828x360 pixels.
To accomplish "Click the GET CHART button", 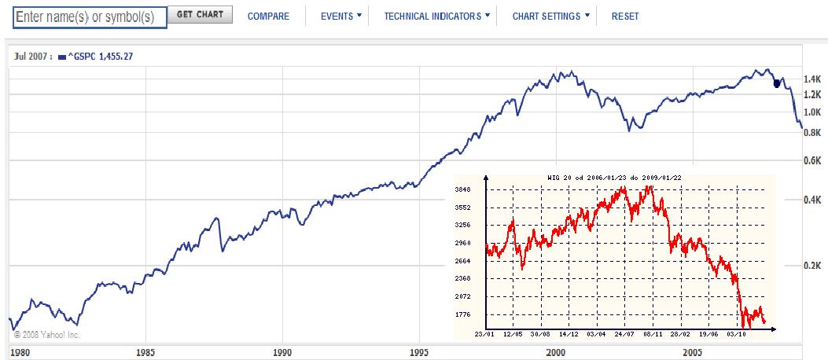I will coord(200,15).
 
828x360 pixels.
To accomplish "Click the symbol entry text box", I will coord(90,17).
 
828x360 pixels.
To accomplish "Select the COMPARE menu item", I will coord(268,17).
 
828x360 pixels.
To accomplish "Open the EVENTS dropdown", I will coord(341,17).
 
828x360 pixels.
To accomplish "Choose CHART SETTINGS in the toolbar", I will coord(550,17).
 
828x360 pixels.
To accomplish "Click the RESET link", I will coord(625,17).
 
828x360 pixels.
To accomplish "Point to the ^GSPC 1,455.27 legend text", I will coord(102,57).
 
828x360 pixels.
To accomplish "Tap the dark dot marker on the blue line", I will coord(777,83).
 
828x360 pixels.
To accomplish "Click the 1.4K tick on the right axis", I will coord(812,80).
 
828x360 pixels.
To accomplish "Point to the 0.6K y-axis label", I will coord(812,161).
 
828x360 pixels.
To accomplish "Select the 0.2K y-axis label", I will coord(812,266).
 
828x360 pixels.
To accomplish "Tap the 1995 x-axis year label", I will coord(418,351).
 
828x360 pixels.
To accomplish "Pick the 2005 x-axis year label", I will coord(692,351).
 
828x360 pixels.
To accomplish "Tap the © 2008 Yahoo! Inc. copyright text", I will coord(47,334).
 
